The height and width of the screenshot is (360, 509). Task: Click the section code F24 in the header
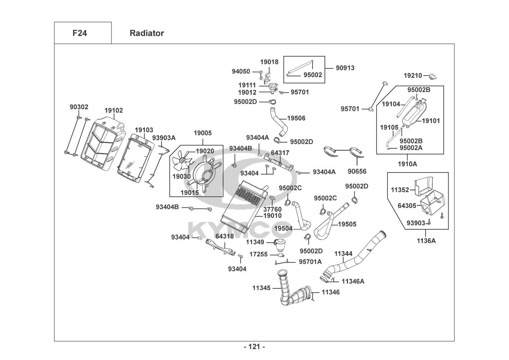click(x=79, y=33)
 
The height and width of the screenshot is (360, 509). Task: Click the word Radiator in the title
click(x=147, y=33)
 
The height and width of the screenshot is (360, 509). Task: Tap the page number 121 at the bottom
click(x=254, y=347)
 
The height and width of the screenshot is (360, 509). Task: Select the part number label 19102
click(x=114, y=111)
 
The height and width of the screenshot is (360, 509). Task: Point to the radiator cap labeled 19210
click(x=432, y=76)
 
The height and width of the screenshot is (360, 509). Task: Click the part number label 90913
click(x=345, y=68)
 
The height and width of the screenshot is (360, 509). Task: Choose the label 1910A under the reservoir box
click(x=407, y=164)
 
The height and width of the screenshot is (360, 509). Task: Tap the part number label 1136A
click(x=426, y=240)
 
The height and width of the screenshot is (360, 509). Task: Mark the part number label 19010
click(x=273, y=216)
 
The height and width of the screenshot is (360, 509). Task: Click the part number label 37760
click(x=272, y=209)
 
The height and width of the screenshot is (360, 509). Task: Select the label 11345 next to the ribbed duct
click(x=261, y=288)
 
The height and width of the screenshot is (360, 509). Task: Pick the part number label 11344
click(x=343, y=253)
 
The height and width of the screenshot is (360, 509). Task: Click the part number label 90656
click(x=357, y=171)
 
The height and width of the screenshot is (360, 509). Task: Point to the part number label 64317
click(x=280, y=153)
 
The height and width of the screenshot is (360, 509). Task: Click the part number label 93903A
click(x=164, y=138)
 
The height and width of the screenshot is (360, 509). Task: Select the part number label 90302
click(x=79, y=107)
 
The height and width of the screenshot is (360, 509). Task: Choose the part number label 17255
click(x=258, y=254)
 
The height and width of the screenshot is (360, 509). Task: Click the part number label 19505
click(x=347, y=224)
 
